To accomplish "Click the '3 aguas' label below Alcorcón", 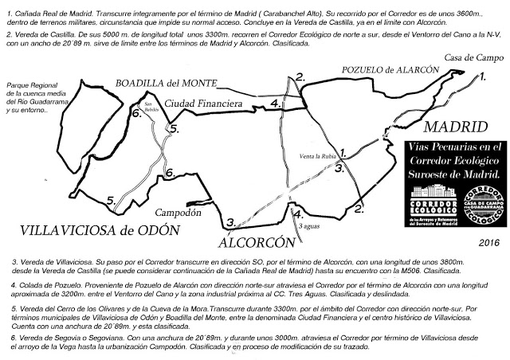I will [x=309, y=227].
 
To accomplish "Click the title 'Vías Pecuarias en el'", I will [x=455, y=147].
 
